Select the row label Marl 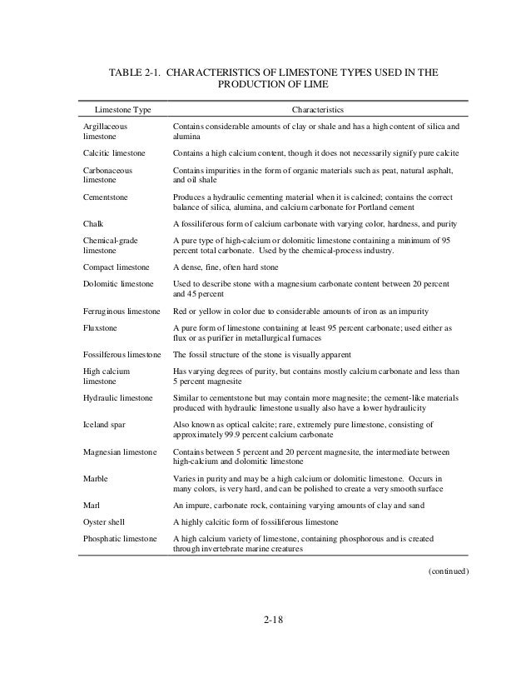pyautogui.click(x=92, y=504)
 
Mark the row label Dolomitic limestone pyautogui.click(x=118, y=285)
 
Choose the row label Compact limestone pyautogui.click(x=117, y=267)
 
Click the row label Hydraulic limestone pyautogui.click(x=118, y=398)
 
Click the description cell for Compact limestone pyautogui.click(x=237, y=267)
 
